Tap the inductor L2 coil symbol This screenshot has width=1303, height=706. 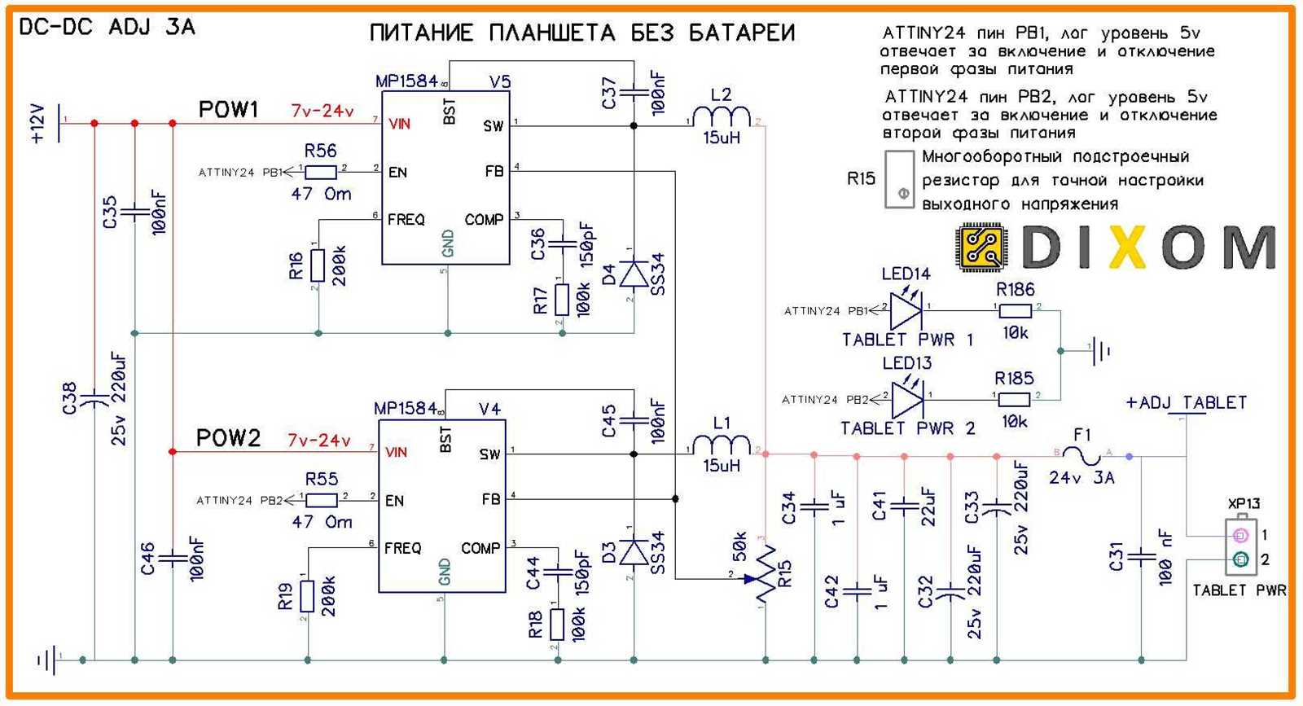tap(722, 117)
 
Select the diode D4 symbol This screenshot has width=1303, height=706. tap(634, 273)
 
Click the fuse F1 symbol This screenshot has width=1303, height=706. tap(1084, 454)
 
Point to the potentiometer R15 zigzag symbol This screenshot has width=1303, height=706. tap(764, 575)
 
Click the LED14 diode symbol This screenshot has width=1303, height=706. tap(906, 309)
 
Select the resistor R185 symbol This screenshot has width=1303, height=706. tap(1015, 399)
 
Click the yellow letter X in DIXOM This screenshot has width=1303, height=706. tap(1128, 247)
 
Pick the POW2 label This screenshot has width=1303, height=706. tap(228, 438)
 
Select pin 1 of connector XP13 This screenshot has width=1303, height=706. tap(1240, 535)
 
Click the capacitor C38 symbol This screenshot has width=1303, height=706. tap(94, 398)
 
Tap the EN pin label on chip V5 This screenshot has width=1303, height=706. tap(397, 172)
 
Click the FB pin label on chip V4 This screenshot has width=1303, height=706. tap(491, 498)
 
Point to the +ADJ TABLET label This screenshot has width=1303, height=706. tap(1186, 402)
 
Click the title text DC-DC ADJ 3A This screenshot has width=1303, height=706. tap(107, 27)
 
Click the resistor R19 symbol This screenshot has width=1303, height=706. tap(307, 595)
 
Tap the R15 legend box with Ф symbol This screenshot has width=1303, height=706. tap(900, 178)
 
